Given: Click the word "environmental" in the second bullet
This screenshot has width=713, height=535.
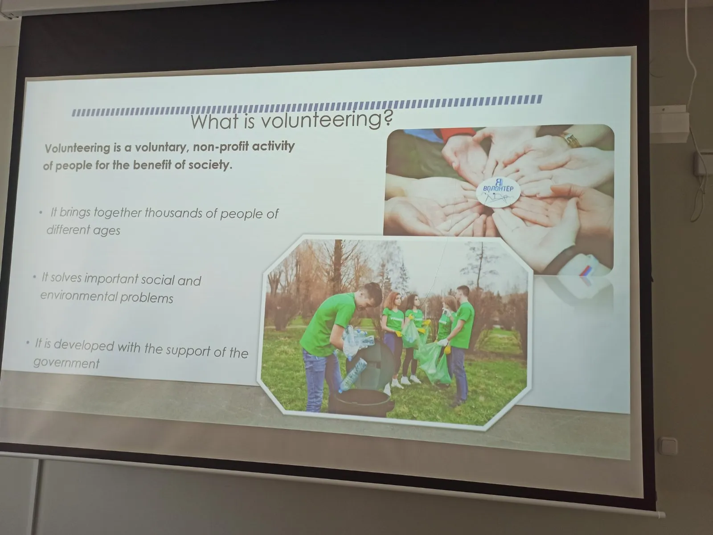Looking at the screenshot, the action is (x=78, y=296).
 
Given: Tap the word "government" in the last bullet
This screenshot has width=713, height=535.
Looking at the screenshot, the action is (x=66, y=363).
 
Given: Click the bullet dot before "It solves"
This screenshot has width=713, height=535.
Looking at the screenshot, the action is (x=34, y=277).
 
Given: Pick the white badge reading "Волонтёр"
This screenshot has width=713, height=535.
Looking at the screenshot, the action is (x=498, y=192).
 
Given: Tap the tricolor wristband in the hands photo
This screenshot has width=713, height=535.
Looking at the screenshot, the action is (x=586, y=267).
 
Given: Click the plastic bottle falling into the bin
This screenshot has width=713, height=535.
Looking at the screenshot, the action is (x=352, y=375).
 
